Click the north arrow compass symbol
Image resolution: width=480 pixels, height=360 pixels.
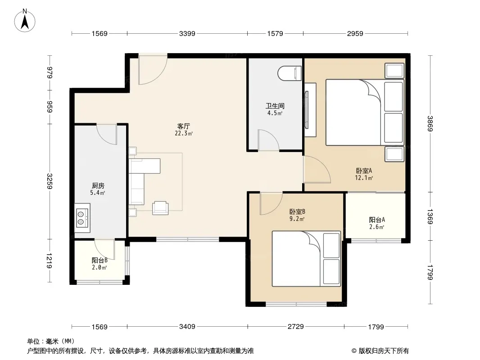(25, 21)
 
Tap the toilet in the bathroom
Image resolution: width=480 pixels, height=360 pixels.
(290, 73)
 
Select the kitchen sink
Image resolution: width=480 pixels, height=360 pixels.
(82, 218)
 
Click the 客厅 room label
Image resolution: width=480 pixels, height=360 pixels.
(184, 126)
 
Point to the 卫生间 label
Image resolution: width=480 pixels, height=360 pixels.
(275, 106)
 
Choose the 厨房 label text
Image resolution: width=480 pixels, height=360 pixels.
(98, 186)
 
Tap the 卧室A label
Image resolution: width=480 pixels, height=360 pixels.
(364, 171)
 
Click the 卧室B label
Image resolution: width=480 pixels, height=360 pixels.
(297, 211)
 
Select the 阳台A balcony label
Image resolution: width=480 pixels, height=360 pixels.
(377, 220)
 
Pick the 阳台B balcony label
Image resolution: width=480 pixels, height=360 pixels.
(100, 260)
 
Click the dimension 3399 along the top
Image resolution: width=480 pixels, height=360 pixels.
(187, 33)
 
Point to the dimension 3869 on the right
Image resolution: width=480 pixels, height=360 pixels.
(430, 124)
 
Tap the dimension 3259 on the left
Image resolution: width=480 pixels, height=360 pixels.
(50, 181)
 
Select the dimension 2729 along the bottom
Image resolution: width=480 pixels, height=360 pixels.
(295, 327)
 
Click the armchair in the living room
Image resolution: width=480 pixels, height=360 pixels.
(160, 208)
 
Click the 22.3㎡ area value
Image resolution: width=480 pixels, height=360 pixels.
(184, 133)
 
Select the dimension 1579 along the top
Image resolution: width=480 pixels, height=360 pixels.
(275, 33)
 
